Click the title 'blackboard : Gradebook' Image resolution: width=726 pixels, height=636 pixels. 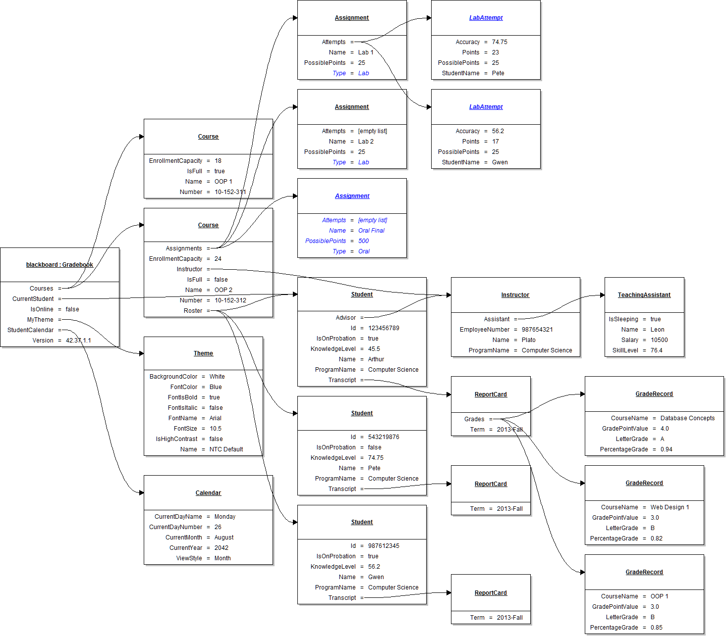[59, 265]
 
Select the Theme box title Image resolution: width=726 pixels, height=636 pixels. [203, 353]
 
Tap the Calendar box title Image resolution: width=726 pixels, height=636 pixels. [208, 493]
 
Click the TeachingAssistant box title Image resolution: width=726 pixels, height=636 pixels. [644, 295]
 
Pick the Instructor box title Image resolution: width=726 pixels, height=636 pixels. [515, 295]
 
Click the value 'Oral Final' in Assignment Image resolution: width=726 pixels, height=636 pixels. [371, 231]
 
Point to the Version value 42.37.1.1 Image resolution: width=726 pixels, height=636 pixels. [78, 341]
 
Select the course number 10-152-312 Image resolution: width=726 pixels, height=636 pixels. [230, 300]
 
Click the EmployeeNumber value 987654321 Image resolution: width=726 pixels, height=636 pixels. [537, 330]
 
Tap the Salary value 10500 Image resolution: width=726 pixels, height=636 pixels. [659, 340]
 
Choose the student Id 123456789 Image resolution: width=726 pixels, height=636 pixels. [384, 328]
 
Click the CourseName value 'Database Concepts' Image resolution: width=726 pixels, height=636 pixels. [687, 418]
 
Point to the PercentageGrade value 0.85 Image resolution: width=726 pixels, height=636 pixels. [656, 628]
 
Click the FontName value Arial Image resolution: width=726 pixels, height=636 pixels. [215, 418]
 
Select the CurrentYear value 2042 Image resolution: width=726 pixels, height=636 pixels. [221, 548]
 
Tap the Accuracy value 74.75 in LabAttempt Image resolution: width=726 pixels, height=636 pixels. [500, 42]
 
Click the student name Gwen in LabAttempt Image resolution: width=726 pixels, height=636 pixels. [500, 162]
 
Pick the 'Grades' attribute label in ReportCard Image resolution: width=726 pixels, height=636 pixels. [474, 419]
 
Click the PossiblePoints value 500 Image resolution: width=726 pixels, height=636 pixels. [363, 241]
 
